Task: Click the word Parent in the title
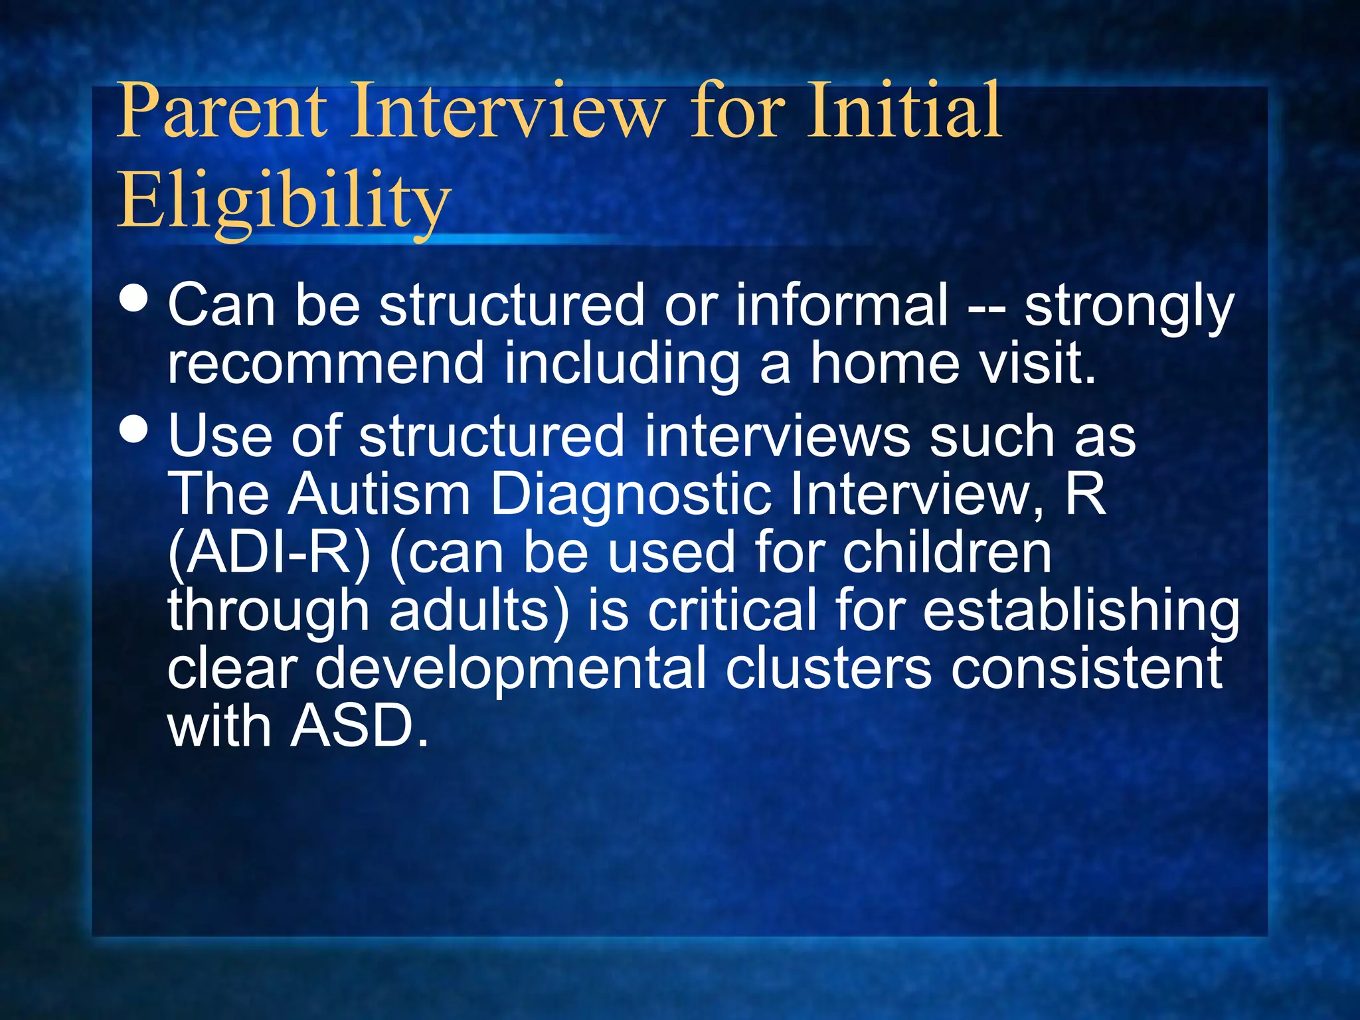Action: pos(222,111)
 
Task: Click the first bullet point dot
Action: pos(135,299)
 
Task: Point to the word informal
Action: pos(841,305)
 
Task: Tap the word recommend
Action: pos(326,364)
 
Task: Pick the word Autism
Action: pos(379,495)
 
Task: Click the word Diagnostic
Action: pos(630,495)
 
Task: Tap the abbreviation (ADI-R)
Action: pos(270,553)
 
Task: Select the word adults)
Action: pos(479,611)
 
